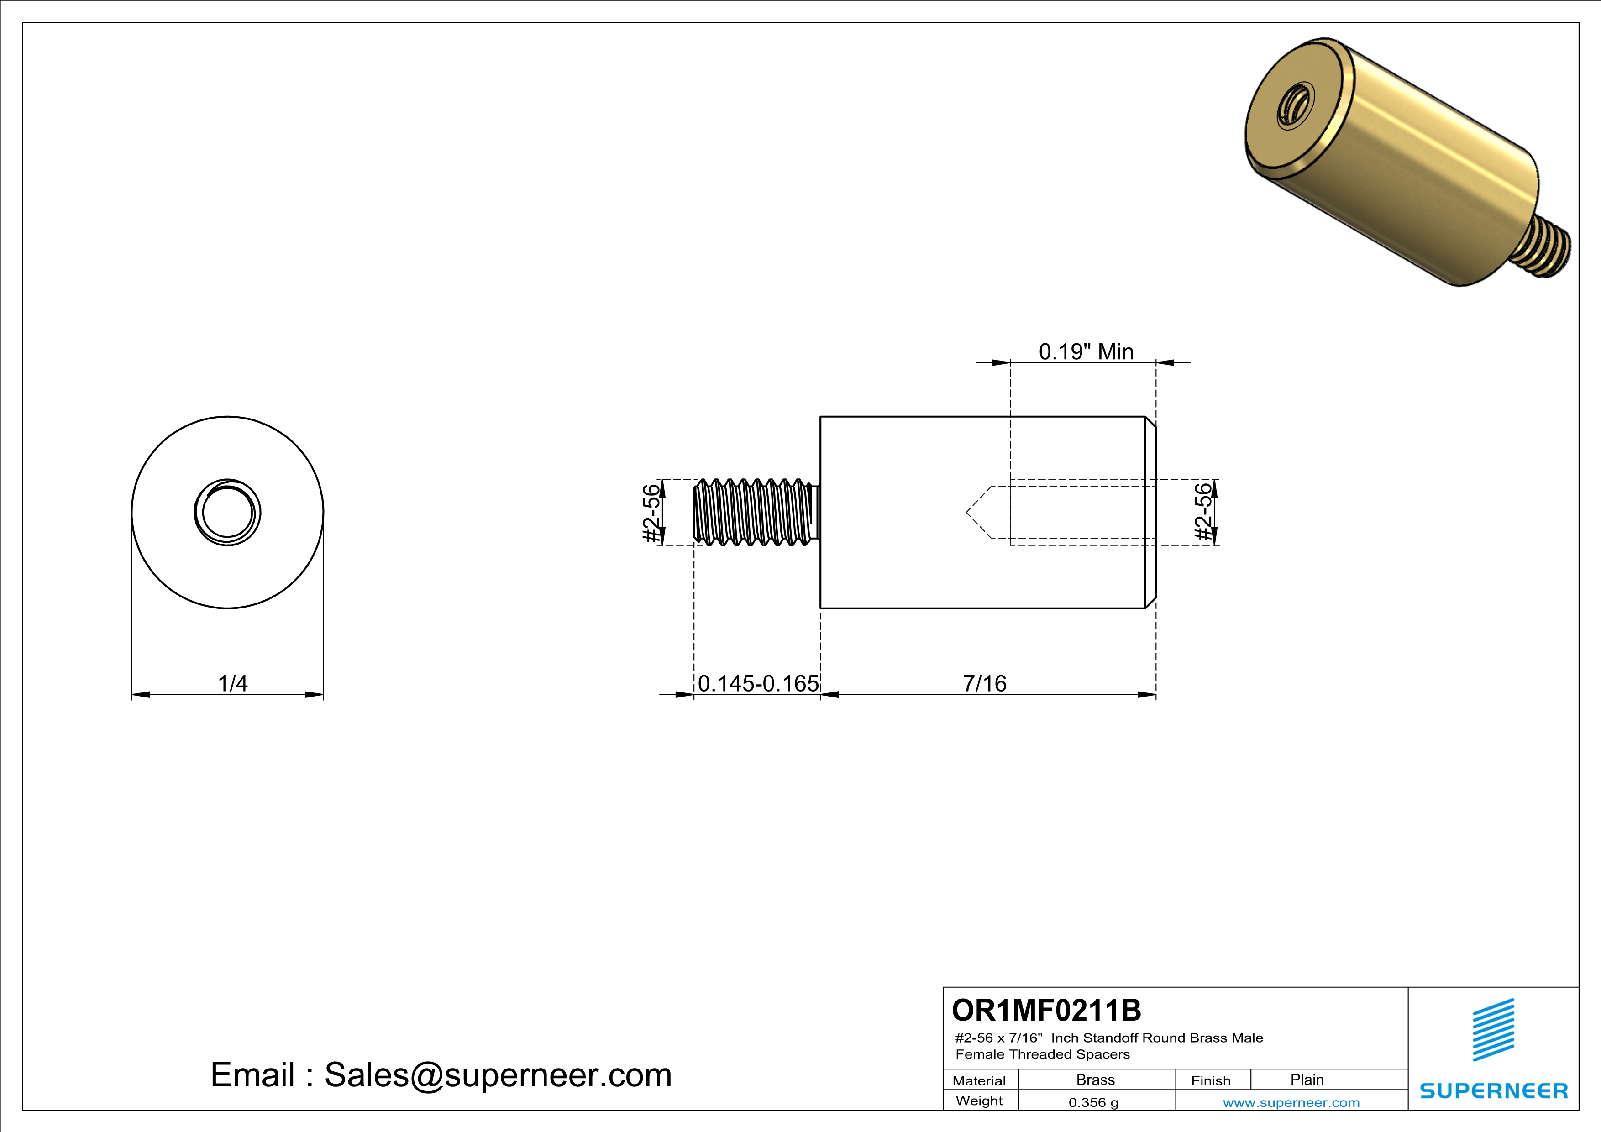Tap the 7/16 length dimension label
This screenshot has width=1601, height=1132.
click(985, 683)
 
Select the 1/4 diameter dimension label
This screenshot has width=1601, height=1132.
click(233, 683)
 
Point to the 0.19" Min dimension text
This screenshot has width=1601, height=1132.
click(1086, 351)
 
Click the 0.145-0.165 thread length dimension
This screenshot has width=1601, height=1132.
click(758, 683)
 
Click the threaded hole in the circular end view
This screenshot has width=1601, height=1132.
click(227, 512)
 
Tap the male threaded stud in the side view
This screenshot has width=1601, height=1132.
click(756, 512)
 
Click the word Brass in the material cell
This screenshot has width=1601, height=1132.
click(1096, 1080)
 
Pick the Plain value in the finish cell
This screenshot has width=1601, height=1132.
click(1307, 1080)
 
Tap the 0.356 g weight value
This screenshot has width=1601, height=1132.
click(1093, 1102)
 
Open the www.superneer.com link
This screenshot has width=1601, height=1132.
click(1291, 1102)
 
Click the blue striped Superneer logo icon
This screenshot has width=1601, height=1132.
click(1493, 1030)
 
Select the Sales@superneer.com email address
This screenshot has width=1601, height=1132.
click(498, 1075)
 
